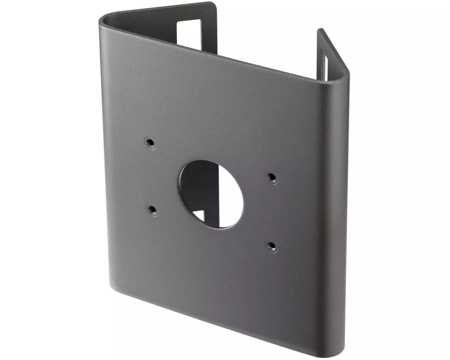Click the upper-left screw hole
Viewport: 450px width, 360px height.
tap(150, 143)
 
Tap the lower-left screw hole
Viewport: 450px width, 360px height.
tap(152, 209)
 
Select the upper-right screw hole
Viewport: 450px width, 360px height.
tap(271, 177)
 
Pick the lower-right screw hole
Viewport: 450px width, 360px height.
tap(271, 246)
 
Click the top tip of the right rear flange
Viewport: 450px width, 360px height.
tap(320, 30)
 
